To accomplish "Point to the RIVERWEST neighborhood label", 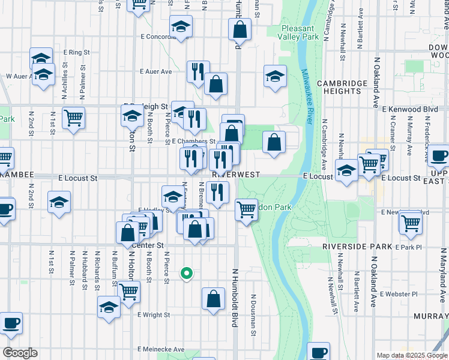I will tap(235, 175).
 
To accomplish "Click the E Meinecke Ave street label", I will tap(161, 349).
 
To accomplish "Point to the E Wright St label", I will tap(154, 314).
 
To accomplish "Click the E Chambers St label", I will tap(189, 142).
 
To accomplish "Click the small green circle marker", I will tap(187, 274).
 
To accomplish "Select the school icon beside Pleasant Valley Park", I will tap(275, 76).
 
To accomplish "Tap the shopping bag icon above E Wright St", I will tap(213, 298).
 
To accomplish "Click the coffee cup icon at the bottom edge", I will tap(319, 352).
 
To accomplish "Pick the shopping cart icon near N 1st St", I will tap(73, 116).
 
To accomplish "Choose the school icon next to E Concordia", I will tap(180, 26).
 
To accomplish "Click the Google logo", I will tap(20, 353).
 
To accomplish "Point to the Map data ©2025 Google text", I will tap(411, 355).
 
